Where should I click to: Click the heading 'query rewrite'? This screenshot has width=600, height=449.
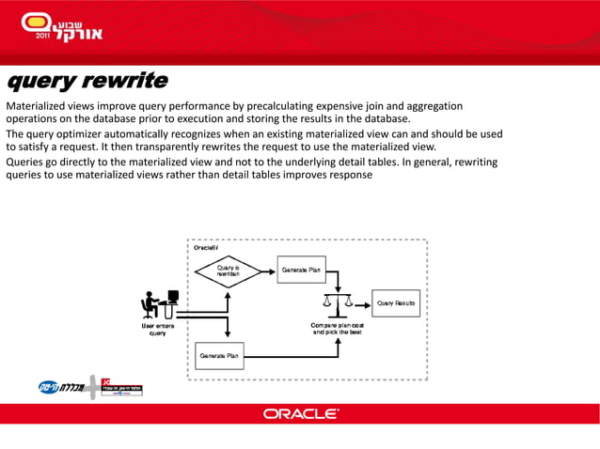click(87, 81)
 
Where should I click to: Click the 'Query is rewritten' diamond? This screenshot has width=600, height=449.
click(227, 271)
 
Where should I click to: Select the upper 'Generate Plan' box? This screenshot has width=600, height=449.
click(303, 271)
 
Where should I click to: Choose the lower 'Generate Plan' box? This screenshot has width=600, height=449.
click(218, 356)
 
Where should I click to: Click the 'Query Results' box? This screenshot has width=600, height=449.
click(397, 302)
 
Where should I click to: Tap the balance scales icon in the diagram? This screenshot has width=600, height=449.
click(336, 302)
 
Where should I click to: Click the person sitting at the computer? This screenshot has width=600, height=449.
click(158, 303)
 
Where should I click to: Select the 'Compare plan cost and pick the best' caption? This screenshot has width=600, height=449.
click(337, 329)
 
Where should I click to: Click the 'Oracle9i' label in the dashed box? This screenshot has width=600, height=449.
click(206, 247)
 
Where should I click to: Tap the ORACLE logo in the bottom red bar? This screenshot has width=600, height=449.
click(300, 413)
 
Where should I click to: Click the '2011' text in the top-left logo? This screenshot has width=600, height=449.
click(42, 35)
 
